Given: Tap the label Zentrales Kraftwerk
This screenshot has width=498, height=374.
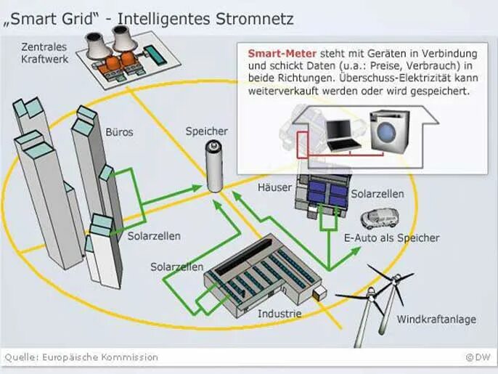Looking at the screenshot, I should click(x=44, y=53).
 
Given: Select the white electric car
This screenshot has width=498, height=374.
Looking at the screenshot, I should click(x=380, y=218).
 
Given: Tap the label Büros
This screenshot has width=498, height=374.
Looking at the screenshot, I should click(x=119, y=133).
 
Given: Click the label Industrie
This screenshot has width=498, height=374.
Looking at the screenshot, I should click(x=279, y=314).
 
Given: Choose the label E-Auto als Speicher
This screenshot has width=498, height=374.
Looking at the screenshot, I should click(x=391, y=237).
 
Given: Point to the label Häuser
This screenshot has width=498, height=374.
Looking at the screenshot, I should click(x=274, y=187).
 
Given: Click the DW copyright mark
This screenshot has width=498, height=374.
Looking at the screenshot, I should click(x=478, y=357).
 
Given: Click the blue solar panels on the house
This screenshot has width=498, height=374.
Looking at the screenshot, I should click(x=328, y=195).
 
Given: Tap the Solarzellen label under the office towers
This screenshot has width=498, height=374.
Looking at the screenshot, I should click(x=154, y=236).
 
